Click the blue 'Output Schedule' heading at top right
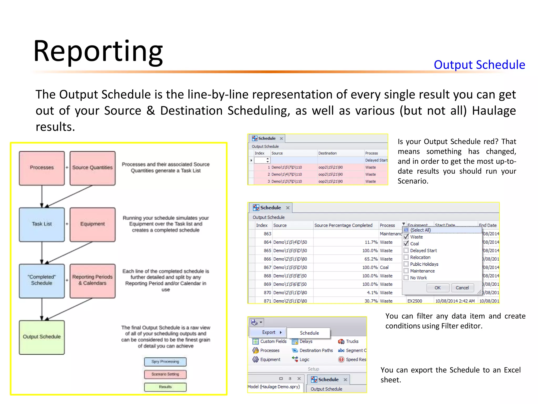click(479, 65)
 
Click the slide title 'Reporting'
click(98, 51)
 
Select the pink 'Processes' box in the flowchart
click(42, 168)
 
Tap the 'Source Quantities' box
click(92, 168)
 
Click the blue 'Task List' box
click(42, 224)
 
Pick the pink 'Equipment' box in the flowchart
click(92, 224)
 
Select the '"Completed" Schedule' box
click(42, 280)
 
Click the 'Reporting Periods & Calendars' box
click(92, 280)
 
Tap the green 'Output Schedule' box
click(42, 337)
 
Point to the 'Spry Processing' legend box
click(165, 362)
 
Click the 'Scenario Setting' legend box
click(165, 374)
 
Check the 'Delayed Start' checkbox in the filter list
click(406, 250)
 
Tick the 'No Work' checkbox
click(406, 278)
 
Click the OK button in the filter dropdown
click(437, 288)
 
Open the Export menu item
click(269, 332)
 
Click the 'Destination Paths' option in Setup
click(316, 351)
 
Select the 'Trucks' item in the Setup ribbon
click(352, 341)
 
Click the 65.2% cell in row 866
click(371, 259)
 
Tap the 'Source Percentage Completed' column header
click(343, 225)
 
